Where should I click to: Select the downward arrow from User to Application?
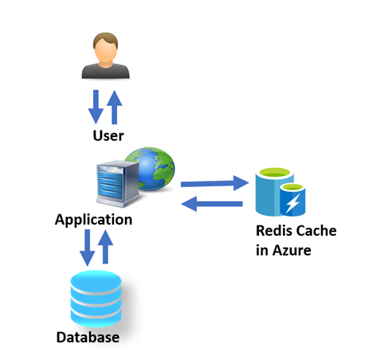(95, 108)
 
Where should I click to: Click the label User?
(108, 135)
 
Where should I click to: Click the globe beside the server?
(151, 170)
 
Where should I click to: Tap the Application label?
(93, 219)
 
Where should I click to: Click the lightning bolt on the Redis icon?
(292, 203)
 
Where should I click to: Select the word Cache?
(316, 231)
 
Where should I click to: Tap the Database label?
(88, 338)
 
